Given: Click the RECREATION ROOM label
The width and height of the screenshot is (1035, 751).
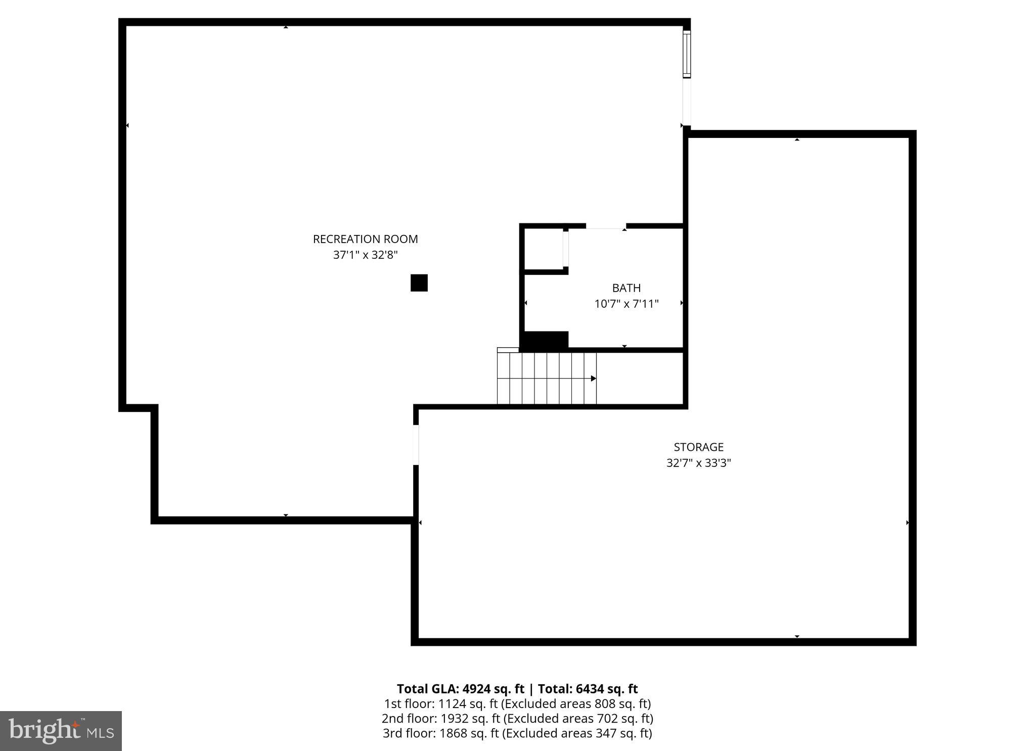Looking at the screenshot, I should [365, 239].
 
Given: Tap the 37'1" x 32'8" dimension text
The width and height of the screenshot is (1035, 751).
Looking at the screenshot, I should [365, 255].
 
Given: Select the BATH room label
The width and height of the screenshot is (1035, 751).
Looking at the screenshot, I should [626, 288].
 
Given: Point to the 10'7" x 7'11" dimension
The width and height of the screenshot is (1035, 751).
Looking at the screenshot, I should [626, 304].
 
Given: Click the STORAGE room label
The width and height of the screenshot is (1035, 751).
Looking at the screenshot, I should [698, 447].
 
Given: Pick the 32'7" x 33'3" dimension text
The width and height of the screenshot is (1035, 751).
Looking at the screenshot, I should [698, 463].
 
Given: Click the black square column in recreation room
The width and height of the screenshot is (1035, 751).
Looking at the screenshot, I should [419, 283].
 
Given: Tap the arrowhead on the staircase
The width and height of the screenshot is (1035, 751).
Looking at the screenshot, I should [593, 379].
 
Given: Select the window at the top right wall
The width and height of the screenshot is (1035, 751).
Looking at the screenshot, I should [686, 54].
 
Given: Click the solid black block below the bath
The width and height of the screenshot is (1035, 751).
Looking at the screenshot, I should [545, 340].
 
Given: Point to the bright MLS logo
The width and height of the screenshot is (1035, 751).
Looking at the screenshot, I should [61, 731].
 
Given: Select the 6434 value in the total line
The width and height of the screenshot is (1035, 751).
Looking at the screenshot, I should [590, 689].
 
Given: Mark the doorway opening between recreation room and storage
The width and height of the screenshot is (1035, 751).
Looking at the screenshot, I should [416, 445].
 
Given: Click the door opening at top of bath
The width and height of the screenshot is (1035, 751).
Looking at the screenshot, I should [605, 226].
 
